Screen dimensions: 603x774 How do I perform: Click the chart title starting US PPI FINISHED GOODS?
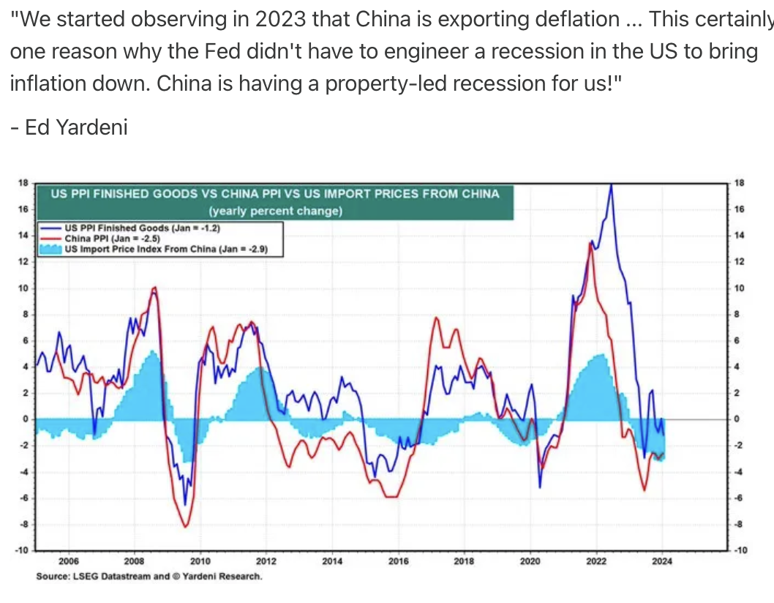point(274,194)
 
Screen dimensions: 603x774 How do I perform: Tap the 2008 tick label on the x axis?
point(134,562)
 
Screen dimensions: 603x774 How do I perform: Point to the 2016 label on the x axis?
point(399,562)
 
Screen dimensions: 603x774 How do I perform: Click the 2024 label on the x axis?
point(662,562)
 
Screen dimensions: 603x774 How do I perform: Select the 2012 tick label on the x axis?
point(266,562)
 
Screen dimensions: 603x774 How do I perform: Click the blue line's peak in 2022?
point(611,185)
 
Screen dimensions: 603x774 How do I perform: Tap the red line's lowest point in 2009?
point(185,527)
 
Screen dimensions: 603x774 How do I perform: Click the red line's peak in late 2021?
point(590,243)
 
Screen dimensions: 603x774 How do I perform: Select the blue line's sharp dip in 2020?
point(540,487)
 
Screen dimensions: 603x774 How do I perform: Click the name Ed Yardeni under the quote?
point(69,127)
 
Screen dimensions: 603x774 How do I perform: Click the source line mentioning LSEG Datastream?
point(149,577)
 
